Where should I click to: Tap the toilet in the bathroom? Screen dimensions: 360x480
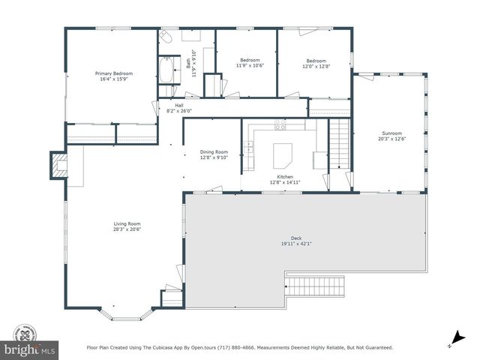(x=166, y=37)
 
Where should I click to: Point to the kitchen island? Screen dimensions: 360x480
(x=283, y=155)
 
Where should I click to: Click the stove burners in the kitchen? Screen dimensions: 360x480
(x=280, y=125)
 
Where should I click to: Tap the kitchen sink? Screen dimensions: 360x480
(x=248, y=148)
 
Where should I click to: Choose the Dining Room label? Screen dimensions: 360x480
(x=213, y=154)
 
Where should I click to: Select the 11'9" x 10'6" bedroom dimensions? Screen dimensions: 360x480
(x=250, y=65)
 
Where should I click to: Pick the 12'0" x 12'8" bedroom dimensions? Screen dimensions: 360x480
(x=316, y=65)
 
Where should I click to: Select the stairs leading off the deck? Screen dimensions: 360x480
(x=316, y=286)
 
